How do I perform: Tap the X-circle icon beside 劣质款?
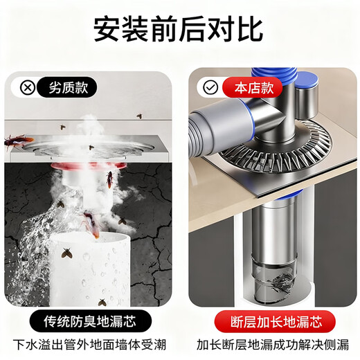tap(27, 88)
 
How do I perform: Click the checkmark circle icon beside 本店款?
tap(210, 88)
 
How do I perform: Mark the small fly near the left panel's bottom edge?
tap(102, 302)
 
